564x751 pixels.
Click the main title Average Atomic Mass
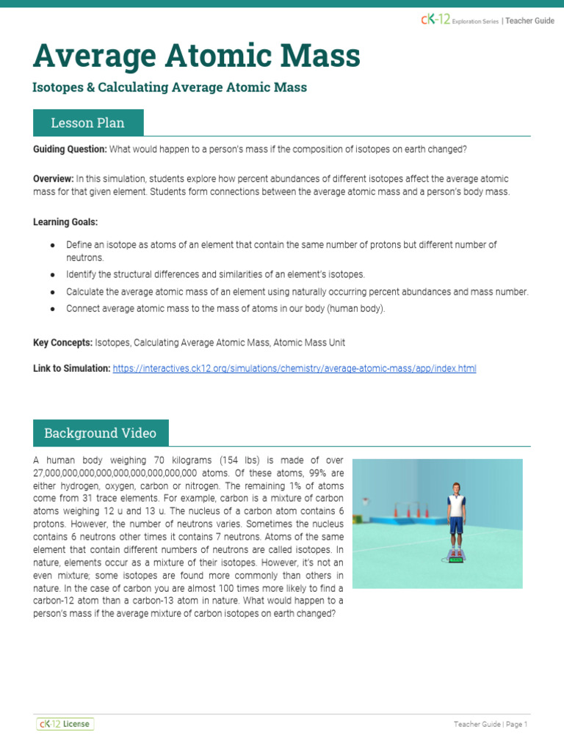[196, 56]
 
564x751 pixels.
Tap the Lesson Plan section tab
[87, 122]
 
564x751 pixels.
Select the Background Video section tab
[100, 433]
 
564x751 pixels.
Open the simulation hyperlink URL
[294, 368]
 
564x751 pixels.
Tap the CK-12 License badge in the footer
[65, 724]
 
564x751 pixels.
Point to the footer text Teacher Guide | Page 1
[491, 725]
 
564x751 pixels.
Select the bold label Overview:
[54, 179]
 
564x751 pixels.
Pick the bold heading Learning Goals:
[65, 221]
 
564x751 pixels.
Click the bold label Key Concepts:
[62, 342]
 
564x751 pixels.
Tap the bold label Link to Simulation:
[72, 368]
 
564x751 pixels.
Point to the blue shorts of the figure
[457, 526]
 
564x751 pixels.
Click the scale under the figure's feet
[457, 560]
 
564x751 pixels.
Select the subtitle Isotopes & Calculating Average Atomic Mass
[170, 87]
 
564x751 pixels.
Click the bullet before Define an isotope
[53, 245]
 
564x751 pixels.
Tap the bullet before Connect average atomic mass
[53, 309]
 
